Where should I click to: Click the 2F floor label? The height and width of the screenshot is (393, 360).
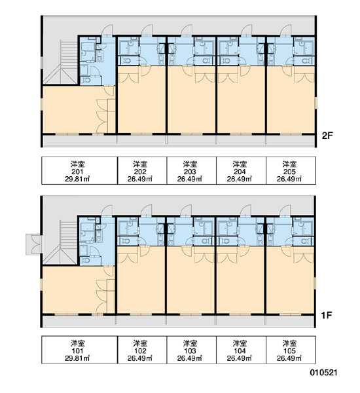pos(327,136)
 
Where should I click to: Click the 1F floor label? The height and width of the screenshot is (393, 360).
pos(327,315)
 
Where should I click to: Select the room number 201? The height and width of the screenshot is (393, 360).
pos(78,172)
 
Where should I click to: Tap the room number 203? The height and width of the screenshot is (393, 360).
pos(190,172)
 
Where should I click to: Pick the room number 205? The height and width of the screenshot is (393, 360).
pos(289,172)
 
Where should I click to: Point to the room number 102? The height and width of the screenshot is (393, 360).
pos(140,351)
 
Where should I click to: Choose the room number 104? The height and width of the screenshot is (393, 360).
pos(240,351)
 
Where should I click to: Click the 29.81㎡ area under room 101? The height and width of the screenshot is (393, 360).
pos(77,358)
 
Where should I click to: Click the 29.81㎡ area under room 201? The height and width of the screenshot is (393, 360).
pos(77,179)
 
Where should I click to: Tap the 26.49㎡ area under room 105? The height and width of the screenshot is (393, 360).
pos(289,358)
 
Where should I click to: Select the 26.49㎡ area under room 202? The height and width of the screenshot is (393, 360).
pos(140,179)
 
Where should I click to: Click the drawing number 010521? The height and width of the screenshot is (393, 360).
pos(324,373)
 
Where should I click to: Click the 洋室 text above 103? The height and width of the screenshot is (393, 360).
pos(190,343)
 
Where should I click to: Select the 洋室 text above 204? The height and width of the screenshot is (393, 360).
pos(240,164)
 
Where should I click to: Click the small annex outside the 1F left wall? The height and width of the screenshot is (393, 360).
pos(34,244)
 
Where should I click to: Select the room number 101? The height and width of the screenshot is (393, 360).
pos(78,351)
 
